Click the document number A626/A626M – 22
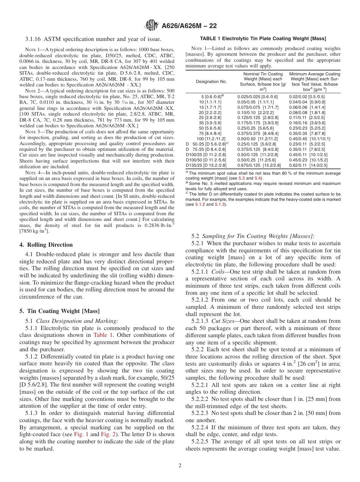tap(189, 26)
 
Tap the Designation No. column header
tap(211, 81)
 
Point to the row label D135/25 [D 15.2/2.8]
tap(207, 165)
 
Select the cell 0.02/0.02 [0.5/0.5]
tap(307, 97)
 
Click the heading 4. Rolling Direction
tap(46, 245)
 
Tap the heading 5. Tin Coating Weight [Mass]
tap(59, 311)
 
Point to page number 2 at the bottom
tap(180, 465)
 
